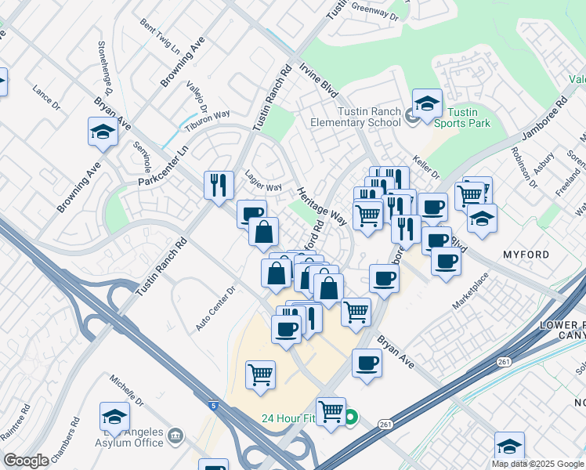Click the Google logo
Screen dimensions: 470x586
click(26, 461)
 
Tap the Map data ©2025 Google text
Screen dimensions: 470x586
click(537, 464)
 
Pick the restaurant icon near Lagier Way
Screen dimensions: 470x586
click(217, 185)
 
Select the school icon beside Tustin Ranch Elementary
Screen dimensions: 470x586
click(427, 103)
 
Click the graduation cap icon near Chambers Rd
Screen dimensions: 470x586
click(114, 417)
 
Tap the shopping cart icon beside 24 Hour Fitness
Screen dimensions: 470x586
click(331, 410)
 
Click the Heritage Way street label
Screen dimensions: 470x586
click(321, 205)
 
